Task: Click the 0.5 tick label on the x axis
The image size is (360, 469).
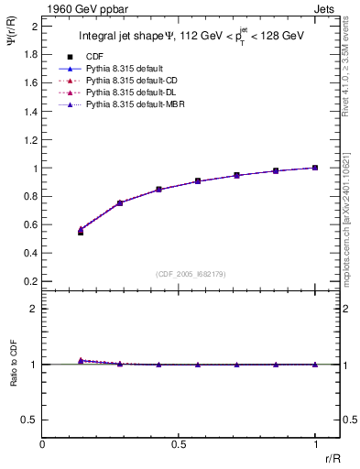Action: pyautogui.click(x=179, y=444)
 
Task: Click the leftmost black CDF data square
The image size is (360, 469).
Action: pyautogui.click(x=81, y=233)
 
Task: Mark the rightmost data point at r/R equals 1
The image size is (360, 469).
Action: pyautogui.click(x=315, y=168)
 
